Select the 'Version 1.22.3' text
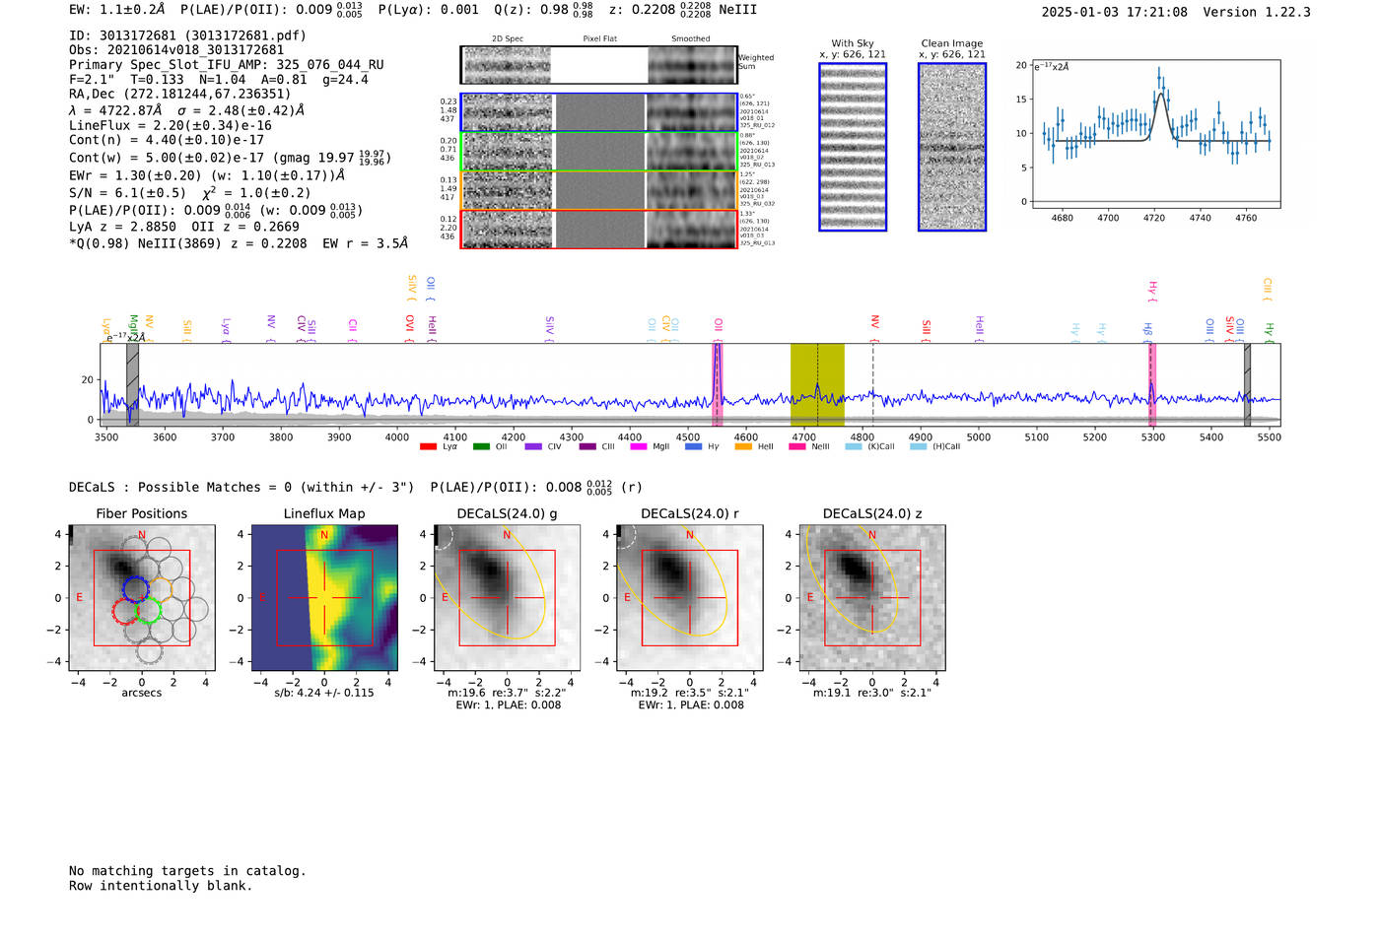(x=1257, y=12)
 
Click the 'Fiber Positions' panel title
(x=141, y=513)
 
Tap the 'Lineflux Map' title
(x=324, y=513)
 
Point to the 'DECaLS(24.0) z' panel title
(x=872, y=513)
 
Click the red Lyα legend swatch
(x=428, y=447)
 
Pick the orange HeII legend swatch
(x=743, y=447)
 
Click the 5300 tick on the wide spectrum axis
(x=1152, y=436)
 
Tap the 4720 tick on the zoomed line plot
(x=1154, y=218)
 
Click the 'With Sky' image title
(x=853, y=43)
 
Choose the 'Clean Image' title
(x=952, y=43)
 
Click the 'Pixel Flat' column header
(x=599, y=39)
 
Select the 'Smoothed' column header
(x=690, y=39)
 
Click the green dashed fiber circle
(x=148, y=612)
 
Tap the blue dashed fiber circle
(x=135, y=588)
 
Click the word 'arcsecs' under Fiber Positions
(x=141, y=693)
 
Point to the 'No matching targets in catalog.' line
(x=187, y=871)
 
